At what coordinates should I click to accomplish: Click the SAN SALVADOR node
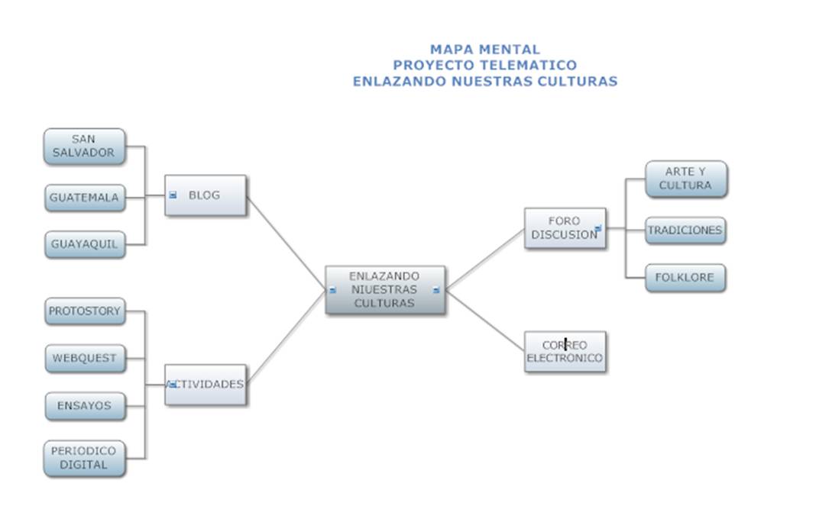pos(84,147)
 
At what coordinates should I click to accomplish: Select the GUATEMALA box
pos(84,198)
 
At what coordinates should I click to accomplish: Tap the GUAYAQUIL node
pos(84,244)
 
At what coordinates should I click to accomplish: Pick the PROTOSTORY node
pos(84,311)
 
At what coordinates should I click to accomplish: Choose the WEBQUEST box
pos(84,358)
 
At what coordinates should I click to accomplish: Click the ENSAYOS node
pos(84,406)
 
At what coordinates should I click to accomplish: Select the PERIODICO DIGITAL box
pos(84,458)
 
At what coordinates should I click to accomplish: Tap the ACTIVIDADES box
pos(206,385)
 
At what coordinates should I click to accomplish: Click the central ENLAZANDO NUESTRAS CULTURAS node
pos(384,290)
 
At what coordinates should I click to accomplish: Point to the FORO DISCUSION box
pos(565,228)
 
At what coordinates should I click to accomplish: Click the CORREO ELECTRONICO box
pos(565,352)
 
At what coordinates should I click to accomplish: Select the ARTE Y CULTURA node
pos(685,179)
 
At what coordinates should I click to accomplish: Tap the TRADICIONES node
pos(685,230)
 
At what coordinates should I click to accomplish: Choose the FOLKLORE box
pos(685,278)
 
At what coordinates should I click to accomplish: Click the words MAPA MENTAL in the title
pos(484,50)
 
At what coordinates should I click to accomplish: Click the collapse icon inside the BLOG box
pos(173,195)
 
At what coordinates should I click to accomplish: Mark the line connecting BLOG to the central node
pos(287,243)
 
